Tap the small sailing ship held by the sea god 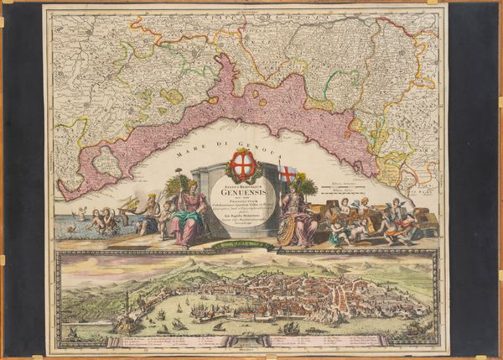pos(128,205)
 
